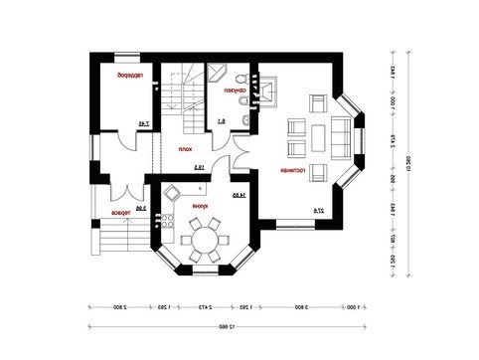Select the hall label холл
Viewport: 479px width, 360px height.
183,150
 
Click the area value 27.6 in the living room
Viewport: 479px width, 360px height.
318,210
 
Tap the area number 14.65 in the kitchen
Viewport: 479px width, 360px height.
238,196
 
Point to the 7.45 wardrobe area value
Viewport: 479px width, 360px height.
144,124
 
